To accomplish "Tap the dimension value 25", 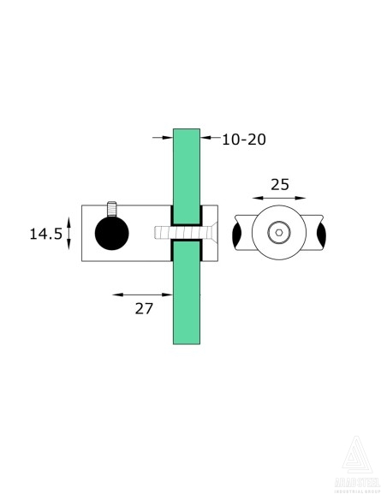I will (x=279, y=184).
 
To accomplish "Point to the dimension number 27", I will (x=143, y=308).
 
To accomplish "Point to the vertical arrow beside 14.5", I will (x=69, y=233).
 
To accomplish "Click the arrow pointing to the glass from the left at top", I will (x=161, y=135).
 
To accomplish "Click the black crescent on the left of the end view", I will (x=237, y=233).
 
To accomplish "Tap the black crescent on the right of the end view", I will (x=320, y=233).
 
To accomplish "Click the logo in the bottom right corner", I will (x=354, y=465).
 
